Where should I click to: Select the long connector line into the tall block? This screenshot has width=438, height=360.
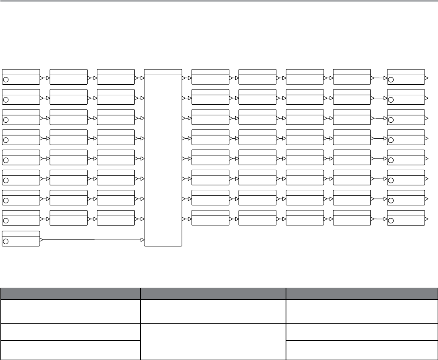tap(92, 240)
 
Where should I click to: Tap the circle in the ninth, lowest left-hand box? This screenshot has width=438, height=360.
tap(6, 241)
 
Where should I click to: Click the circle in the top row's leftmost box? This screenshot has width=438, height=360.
tap(6, 80)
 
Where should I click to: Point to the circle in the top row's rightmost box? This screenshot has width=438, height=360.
tap(391, 80)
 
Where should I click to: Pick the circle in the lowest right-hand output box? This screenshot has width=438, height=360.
tap(391, 221)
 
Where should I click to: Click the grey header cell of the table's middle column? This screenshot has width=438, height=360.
tap(213, 293)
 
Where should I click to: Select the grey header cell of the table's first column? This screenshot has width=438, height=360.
tap(70, 293)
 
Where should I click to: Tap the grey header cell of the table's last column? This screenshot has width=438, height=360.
tap(361, 293)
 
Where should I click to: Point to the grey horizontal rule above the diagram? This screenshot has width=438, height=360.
tap(219, 1)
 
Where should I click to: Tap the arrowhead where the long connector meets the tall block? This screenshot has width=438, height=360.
tap(142, 240)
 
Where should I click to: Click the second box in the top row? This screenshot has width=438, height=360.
tap(68, 77)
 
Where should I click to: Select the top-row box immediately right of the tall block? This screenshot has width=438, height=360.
tap(210, 77)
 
